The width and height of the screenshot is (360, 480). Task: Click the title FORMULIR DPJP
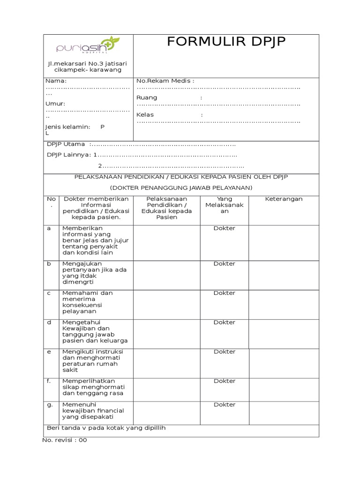click(x=226, y=42)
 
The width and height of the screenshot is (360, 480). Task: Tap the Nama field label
click(x=53, y=81)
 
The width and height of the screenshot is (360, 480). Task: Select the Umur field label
click(x=55, y=104)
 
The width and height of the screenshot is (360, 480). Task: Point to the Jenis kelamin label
click(x=67, y=127)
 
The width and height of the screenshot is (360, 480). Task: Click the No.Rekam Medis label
click(x=165, y=81)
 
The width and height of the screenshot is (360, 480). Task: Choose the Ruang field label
click(x=147, y=97)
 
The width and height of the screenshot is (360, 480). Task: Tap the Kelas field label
click(x=145, y=115)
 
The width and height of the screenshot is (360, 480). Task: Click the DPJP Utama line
click(x=66, y=144)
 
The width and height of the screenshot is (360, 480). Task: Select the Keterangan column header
click(x=284, y=199)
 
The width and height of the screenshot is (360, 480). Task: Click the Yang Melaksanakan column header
click(x=225, y=205)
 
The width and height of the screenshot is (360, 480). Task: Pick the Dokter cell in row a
click(x=225, y=228)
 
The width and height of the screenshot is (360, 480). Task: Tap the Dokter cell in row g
click(x=225, y=405)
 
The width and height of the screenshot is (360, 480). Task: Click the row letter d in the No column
click(x=49, y=322)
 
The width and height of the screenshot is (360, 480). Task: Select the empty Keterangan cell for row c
click(x=284, y=302)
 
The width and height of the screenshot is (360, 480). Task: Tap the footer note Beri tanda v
click(x=106, y=428)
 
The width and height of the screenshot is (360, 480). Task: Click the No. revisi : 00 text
click(x=65, y=440)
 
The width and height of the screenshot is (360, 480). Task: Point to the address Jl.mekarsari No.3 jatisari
click(x=88, y=63)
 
